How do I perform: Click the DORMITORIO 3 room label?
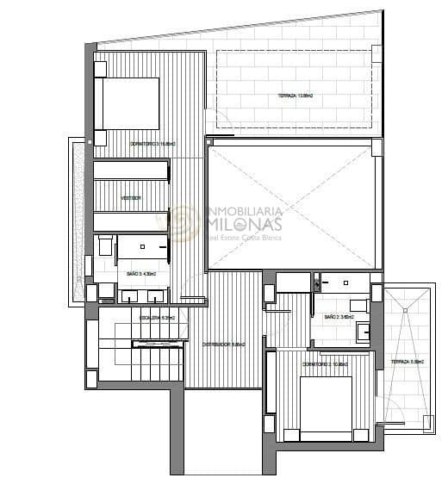tap(152, 143)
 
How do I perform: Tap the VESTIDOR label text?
tap(131, 198)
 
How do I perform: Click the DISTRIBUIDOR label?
tap(223, 344)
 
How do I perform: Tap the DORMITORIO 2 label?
tap(325, 365)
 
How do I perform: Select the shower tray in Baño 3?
tap(142, 247)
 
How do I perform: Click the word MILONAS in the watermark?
tap(252, 225)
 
